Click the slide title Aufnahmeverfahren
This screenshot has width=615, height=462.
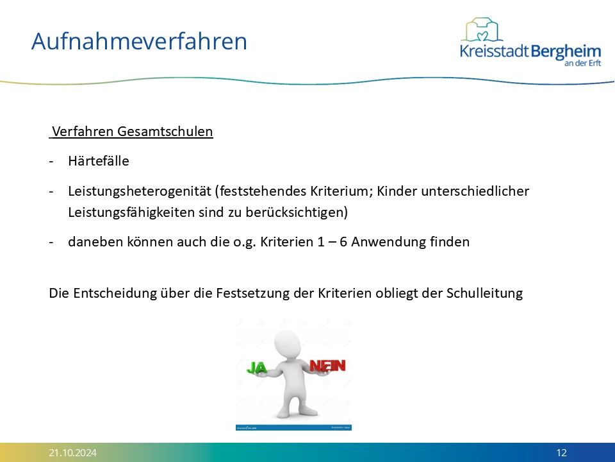point(139,41)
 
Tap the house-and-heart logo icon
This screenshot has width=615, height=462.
point(482,30)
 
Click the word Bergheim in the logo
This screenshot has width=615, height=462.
point(566,52)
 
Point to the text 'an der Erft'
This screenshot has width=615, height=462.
point(582,63)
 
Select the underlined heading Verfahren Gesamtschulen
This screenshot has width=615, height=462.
point(132,131)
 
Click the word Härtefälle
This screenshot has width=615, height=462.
point(99,161)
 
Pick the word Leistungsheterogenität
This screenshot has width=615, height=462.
point(140,191)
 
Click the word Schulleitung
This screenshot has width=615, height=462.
point(484,293)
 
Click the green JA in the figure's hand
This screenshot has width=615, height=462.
point(257,368)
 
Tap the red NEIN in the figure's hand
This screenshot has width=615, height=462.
point(327,366)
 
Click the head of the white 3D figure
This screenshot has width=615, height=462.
point(287,345)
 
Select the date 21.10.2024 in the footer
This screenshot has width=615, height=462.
point(72,453)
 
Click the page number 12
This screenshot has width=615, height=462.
point(561,453)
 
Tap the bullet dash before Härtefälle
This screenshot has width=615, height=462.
point(51,162)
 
